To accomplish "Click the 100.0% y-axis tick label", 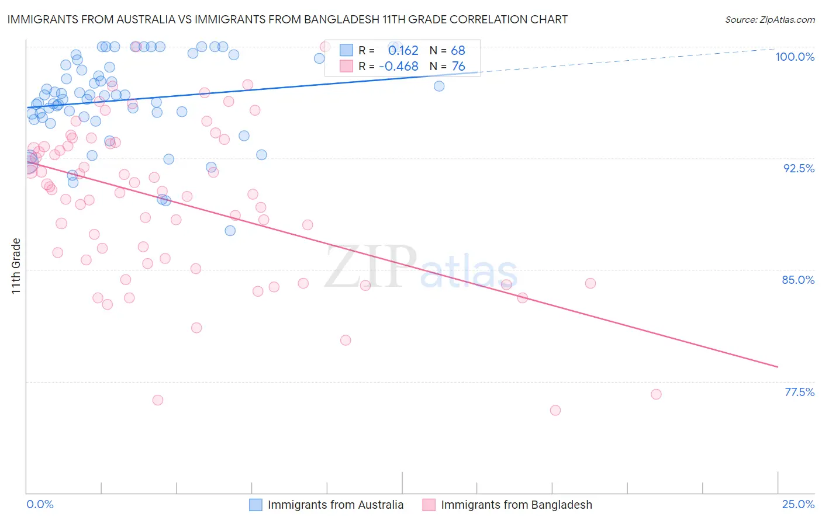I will coord(795,57).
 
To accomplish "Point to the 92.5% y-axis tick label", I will coord(799,168).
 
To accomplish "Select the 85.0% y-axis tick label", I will coord(798,280).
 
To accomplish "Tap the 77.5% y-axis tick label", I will coord(799,392).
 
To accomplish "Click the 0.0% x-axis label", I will coord(40,504).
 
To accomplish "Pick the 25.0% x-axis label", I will coord(798,504).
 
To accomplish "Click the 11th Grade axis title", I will coord(16,266).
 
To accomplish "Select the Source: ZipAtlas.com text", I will coord(769,20).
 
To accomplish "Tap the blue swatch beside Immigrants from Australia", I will coord(255,505).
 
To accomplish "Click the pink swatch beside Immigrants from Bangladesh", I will coord(429,505).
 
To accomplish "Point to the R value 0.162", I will coord(403,51).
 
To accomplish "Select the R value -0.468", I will coord(399,67).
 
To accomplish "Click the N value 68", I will coord(458,51).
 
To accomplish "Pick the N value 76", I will coord(458,67).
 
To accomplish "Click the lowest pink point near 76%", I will coord(555,410).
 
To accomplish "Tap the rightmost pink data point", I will coord(656,394).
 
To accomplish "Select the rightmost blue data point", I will coord(439,86).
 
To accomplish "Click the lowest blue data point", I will coord(230,231).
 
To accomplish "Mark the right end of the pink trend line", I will coord(778,367).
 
